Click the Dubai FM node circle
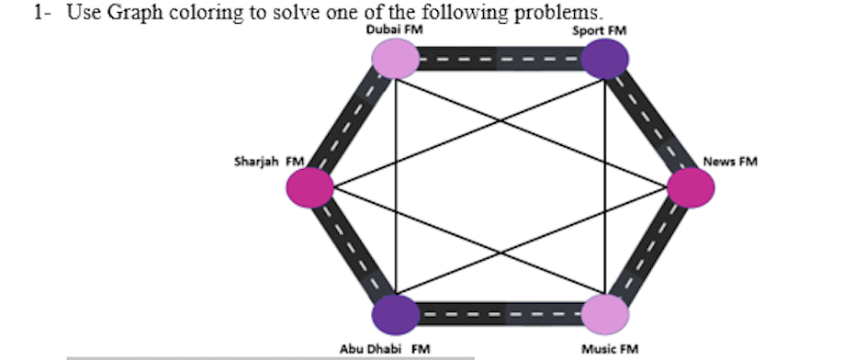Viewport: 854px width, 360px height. coord(396,61)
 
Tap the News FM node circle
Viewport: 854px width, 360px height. coord(691,188)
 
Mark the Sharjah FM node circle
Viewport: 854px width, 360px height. coord(310,188)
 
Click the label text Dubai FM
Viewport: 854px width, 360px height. coord(395,29)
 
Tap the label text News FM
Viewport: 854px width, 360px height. coord(730,163)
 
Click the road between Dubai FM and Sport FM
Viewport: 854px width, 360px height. coord(500,61)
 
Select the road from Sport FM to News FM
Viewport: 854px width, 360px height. coord(649,124)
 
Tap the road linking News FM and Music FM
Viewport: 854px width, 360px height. coord(649,253)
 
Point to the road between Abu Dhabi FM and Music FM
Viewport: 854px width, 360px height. coord(500,315)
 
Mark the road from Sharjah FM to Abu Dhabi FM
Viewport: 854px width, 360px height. coord(353,253)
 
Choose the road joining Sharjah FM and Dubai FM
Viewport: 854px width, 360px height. coord(353,124)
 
